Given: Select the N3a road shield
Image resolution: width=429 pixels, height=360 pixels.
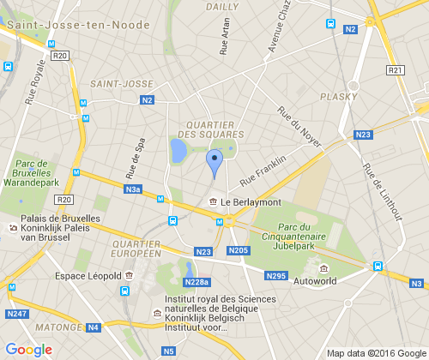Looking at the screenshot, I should point(132,189).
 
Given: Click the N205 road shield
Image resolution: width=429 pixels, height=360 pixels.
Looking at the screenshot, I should point(239,250).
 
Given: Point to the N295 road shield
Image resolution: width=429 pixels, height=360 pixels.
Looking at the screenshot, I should point(275,275).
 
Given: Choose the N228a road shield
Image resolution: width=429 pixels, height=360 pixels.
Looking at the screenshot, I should point(196,283).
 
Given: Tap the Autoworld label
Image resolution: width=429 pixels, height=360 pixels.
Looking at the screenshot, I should point(314,280).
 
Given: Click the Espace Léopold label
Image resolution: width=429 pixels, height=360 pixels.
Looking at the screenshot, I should point(87,276).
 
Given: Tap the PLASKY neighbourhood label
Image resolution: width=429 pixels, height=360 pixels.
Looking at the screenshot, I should point(337,97).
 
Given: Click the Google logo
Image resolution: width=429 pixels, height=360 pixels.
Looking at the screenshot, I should point(28,349).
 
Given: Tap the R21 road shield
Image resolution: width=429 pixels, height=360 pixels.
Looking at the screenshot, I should point(395,70).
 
